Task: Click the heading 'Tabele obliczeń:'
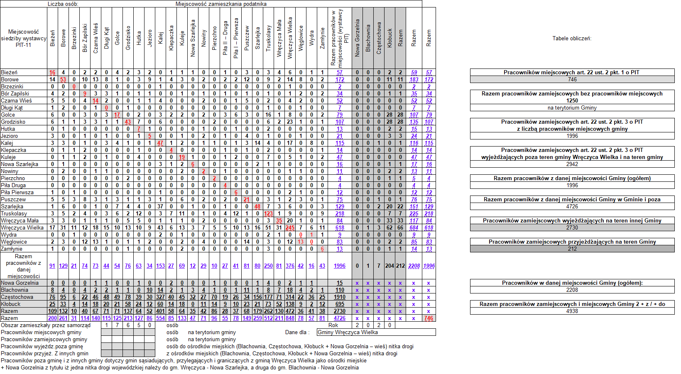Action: [x=572, y=39]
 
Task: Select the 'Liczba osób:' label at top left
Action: [x=63, y=4]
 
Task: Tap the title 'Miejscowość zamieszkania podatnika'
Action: [x=221, y=4]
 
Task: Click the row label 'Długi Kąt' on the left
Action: [x=12, y=108]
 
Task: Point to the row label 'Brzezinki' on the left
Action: [x=12, y=86]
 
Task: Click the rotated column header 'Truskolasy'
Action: [x=269, y=38]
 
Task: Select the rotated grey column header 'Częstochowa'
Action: [x=379, y=38]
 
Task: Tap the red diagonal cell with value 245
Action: [x=290, y=227]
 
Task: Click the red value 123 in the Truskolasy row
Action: [x=268, y=213]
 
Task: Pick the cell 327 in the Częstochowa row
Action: [x=160, y=297]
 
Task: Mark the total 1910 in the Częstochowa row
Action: [x=340, y=297]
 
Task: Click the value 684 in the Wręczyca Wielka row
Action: [x=414, y=227]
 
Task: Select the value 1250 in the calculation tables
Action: [x=572, y=100]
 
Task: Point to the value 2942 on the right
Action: [x=572, y=164]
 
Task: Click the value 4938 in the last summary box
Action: [x=572, y=311]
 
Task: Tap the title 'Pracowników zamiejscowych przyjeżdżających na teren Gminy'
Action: [x=572, y=242]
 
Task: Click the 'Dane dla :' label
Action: [x=296, y=332]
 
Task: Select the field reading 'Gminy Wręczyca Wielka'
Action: [x=348, y=332]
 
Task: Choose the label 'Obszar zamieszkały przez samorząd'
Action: [x=46, y=325]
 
